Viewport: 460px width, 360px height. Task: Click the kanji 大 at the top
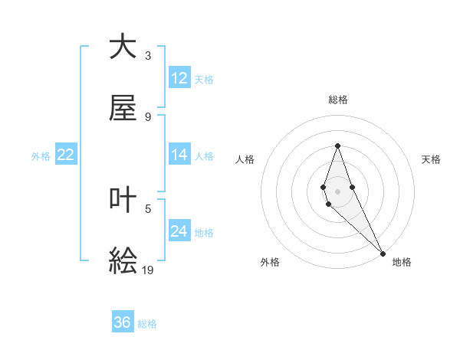[x=123, y=47]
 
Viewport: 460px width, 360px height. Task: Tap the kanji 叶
[x=123, y=200]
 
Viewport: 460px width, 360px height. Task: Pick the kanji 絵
[x=123, y=261]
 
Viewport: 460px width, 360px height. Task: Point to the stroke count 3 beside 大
[x=148, y=55]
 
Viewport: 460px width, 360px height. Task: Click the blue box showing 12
[x=179, y=78]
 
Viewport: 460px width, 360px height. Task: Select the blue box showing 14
[x=179, y=155]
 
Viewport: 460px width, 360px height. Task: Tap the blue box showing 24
[x=179, y=231]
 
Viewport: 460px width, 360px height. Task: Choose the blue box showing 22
[x=66, y=155]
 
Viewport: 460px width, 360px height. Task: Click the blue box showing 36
[x=123, y=322]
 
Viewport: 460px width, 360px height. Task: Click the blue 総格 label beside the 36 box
[x=147, y=324]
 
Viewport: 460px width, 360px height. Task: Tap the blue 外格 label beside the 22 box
[x=41, y=156]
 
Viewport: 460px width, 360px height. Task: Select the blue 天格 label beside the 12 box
[x=204, y=80]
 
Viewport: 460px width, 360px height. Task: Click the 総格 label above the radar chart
[x=338, y=100]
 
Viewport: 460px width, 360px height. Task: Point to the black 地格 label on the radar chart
[x=402, y=262]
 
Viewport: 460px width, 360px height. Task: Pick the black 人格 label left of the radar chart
[x=245, y=159]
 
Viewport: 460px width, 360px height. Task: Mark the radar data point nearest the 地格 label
[x=383, y=253]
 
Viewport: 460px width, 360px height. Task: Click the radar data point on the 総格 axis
[x=337, y=146]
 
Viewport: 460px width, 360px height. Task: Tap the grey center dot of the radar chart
[x=337, y=191]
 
